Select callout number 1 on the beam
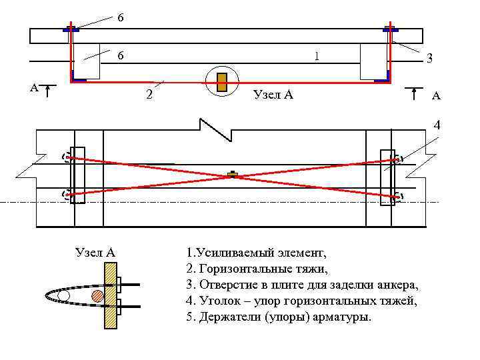(x=317, y=56)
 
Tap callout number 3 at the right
(x=430, y=59)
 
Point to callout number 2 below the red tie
(x=149, y=94)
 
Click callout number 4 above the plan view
(x=437, y=125)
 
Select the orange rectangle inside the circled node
(x=222, y=81)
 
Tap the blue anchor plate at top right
(x=390, y=29)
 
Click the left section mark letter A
(x=33, y=87)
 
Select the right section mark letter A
(x=435, y=96)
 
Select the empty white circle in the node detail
(x=63, y=295)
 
